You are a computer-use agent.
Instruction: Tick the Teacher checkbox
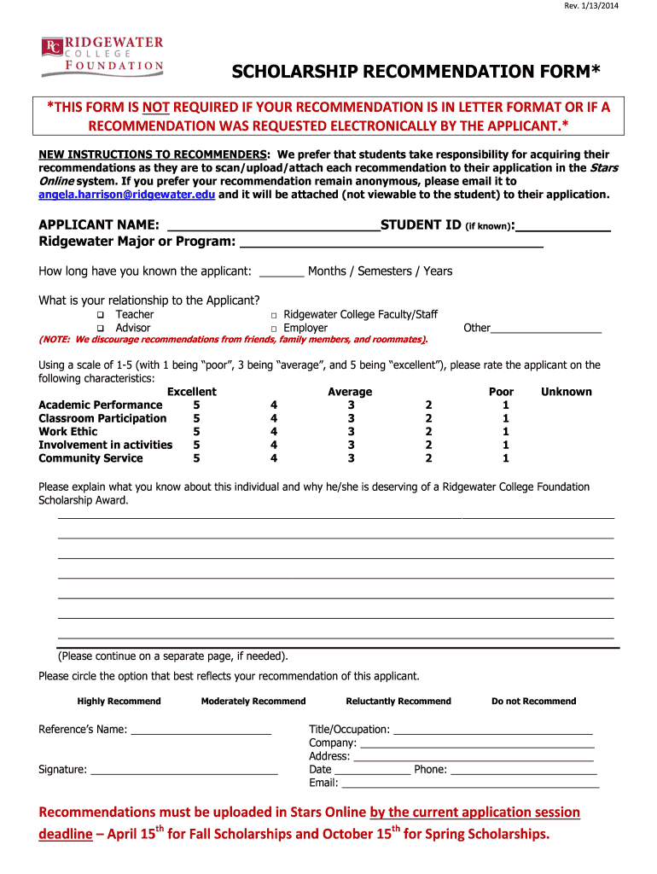tap(100, 315)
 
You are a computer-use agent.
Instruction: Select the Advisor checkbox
tap(100, 329)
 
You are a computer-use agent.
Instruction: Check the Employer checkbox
tap(274, 329)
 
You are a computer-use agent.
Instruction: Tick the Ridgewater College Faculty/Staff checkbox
tap(274, 315)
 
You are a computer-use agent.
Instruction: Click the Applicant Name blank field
tap(273, 225)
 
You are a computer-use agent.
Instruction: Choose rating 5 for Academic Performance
tap(197, 405)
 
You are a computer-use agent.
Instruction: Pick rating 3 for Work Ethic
tap(351, 432)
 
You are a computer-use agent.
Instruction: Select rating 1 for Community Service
tap(506, 458)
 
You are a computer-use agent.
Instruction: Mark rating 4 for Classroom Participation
tap(274, 418)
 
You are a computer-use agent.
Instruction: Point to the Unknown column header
tap(566, 392)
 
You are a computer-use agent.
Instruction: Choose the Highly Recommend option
tap(119, 702)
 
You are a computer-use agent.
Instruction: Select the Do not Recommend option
tap(533, 702)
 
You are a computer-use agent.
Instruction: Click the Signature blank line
tap(183, 770)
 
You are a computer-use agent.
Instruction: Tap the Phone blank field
tap(523, 770)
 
